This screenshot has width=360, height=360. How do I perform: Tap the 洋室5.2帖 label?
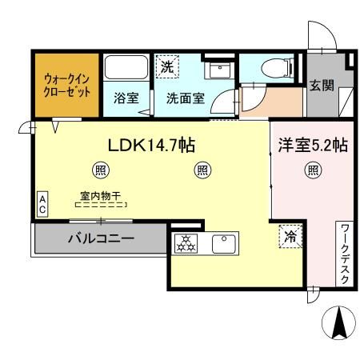(x=312, y=146)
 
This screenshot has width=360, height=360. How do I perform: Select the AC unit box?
(x=42, y=202)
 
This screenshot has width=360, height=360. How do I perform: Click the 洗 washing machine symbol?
(x=166, y=66)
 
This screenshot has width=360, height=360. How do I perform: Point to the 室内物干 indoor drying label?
(x=100, y=194)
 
